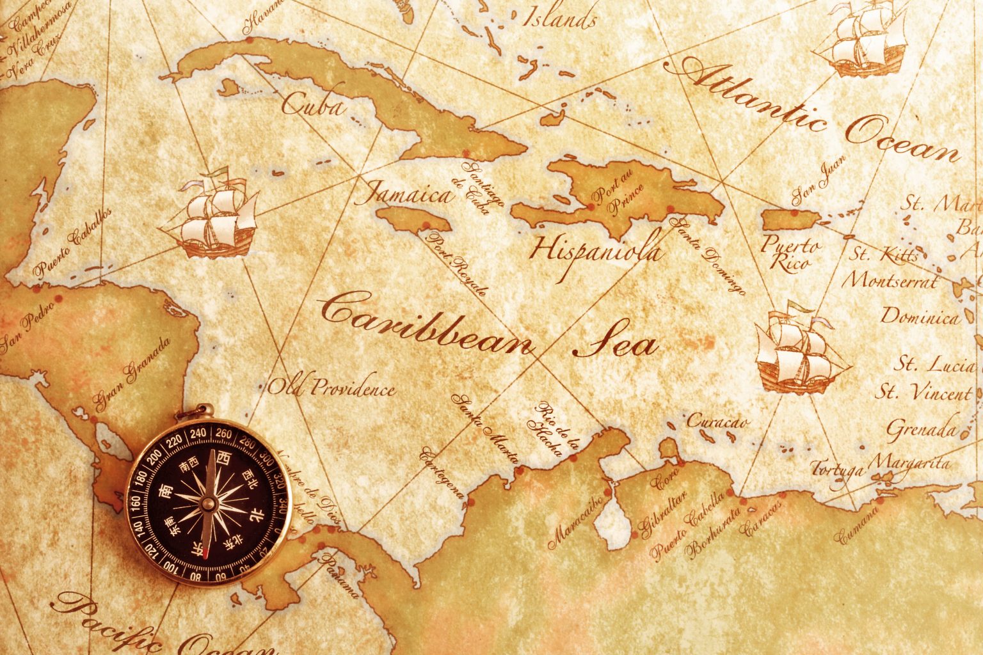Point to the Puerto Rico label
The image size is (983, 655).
[789, 253]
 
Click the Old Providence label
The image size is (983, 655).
[331, 388]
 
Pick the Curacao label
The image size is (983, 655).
[717, 422]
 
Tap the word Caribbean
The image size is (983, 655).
[426, 323]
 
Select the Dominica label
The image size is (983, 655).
[920, 316]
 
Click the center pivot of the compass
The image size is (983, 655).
[208, 503]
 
